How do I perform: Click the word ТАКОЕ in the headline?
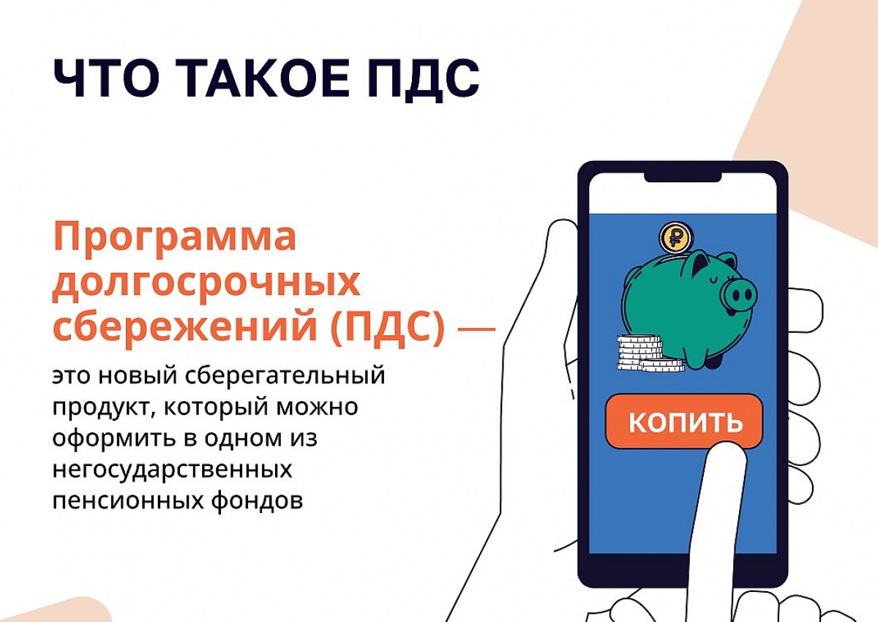[x=262, y=78]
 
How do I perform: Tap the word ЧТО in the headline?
[x=105, y=78]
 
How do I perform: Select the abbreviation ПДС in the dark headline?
[x=424, y=80]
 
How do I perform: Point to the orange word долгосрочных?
[x=206, y=284]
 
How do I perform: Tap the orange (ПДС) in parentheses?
[x=388, y=329]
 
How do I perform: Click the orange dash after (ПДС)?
[x=476, y=329]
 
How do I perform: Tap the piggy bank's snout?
[x=740, y=295]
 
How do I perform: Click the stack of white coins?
[x=650, y=353]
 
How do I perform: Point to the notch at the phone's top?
[x=683, y=179]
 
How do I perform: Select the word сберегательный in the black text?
[x=285, y=376]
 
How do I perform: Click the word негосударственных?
[x=173, y=470]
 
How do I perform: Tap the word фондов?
[x=258, y=501]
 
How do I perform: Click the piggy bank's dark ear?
[x=696, y=270]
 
